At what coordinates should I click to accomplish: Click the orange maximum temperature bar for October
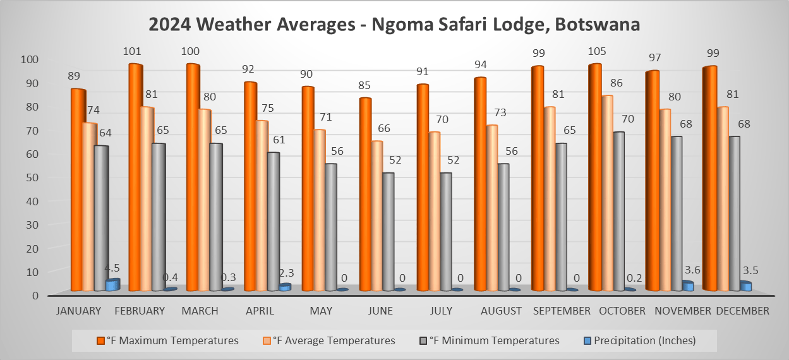point(596,177)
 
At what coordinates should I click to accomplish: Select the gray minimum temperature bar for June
point(387,231)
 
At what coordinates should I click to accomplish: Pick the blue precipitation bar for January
point(112,285)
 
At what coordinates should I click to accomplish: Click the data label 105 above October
point(596,51)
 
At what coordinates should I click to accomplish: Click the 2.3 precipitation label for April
point(286,273)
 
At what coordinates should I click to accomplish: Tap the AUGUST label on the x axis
point(501,311)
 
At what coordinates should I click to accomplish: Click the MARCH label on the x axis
point(200,311)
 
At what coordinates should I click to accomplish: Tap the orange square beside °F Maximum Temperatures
point(100,340)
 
